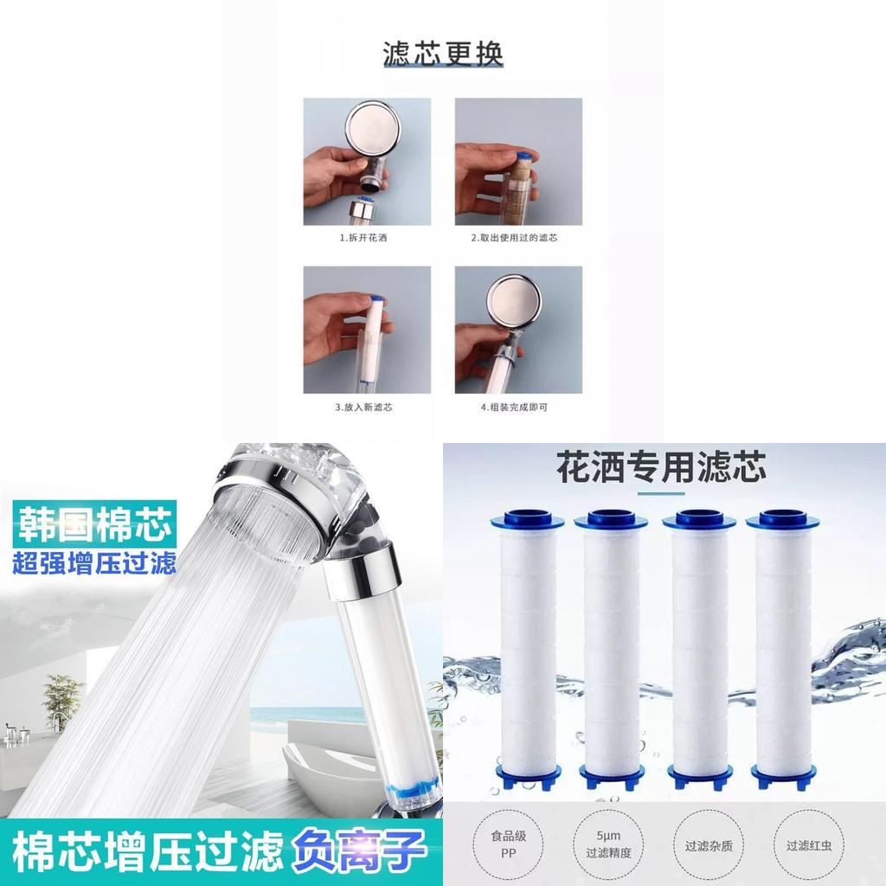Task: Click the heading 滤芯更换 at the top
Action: coord(443,55)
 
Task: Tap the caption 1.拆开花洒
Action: coord(363,238)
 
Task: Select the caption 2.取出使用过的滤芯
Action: coord(514,238)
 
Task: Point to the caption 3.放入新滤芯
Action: coord(363,407)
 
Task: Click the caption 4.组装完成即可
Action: coord(514,407)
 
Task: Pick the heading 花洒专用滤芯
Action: coord(661,466)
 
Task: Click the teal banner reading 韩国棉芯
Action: coord(94,524)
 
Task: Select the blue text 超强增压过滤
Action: coord(94,563)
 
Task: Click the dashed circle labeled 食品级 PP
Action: coord(508,844)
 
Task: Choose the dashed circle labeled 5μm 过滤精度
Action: coord(608,844)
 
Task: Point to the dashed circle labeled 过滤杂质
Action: coord(709,845)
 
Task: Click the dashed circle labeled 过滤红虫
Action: coord(809,845)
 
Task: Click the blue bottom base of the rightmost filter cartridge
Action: coord(782,775)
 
